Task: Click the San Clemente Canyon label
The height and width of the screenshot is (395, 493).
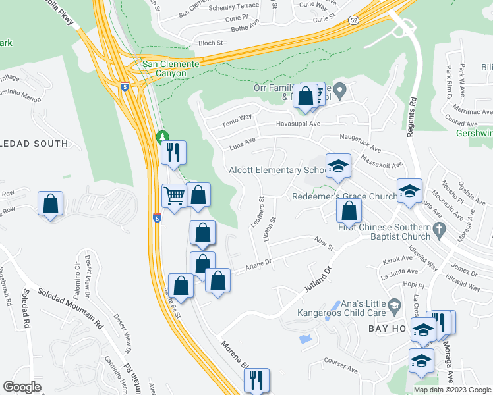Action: [171, 68]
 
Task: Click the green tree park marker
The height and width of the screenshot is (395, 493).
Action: [161, 137]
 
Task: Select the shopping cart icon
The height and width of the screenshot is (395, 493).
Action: [174, 196]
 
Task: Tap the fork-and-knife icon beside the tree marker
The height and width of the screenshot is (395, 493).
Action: [174, 153]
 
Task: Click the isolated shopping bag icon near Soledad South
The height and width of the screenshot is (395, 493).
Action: [50, 205]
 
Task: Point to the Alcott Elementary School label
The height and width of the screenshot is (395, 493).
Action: [277, 170]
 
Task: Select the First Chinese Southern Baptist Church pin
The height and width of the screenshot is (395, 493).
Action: [441, 228]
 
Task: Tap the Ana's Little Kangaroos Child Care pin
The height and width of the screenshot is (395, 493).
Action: [393, 303]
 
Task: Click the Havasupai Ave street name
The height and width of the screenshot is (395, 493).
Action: [297, 123]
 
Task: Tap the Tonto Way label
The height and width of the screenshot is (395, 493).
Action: [237, 118]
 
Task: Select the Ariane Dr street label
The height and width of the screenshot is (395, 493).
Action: [259, 264]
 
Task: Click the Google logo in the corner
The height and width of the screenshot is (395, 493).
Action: [22, 387]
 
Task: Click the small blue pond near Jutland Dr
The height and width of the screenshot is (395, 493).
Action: [304, 340]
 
